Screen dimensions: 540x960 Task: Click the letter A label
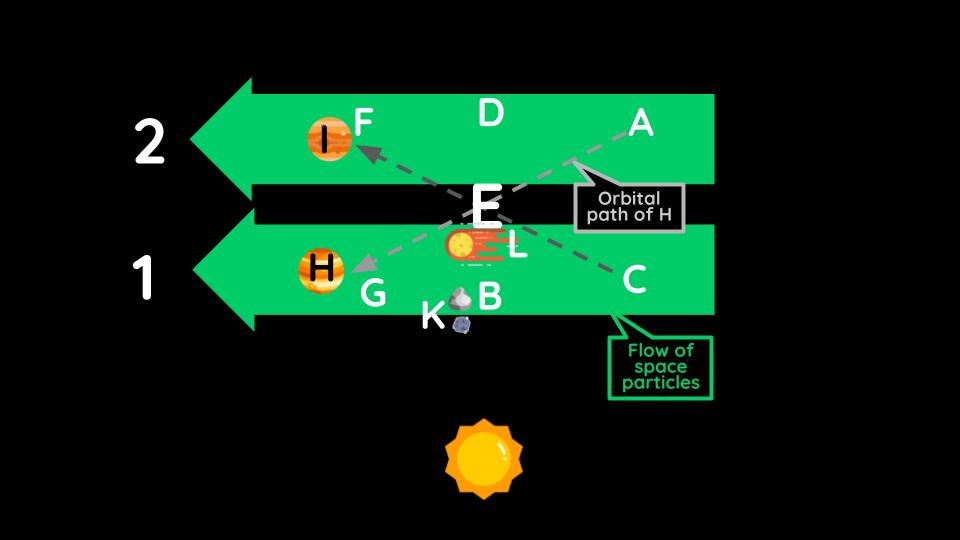tap(640, 123)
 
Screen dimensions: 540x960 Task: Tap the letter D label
tap(490, 114)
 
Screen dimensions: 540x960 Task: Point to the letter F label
tap(363, 123)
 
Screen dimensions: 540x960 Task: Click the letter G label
tap(372, 293)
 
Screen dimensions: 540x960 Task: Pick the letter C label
tap(634, 280)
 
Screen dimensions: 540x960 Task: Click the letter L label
tap(517, 246)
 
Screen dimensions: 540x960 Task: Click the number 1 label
tap(146, 279)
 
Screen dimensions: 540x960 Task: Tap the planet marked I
tap(328, 140)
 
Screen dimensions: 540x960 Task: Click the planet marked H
tap(321, 270)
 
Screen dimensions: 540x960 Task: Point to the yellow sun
tap(484, 458)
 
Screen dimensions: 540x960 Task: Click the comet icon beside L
tap(470, 246)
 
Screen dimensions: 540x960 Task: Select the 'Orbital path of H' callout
tap(629, 208)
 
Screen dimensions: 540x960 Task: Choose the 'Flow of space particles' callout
tap(660, 367)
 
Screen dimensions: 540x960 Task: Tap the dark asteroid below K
tap(461, 324)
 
